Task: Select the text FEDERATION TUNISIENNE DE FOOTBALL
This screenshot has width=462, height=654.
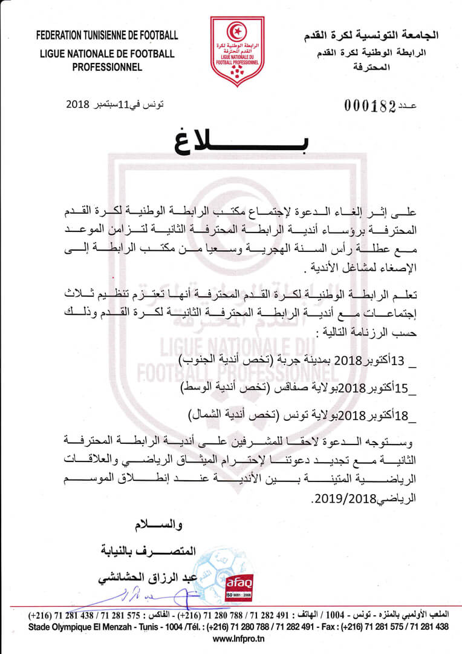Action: tap(107, 35)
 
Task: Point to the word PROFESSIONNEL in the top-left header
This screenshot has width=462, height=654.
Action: tap(107, 67)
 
